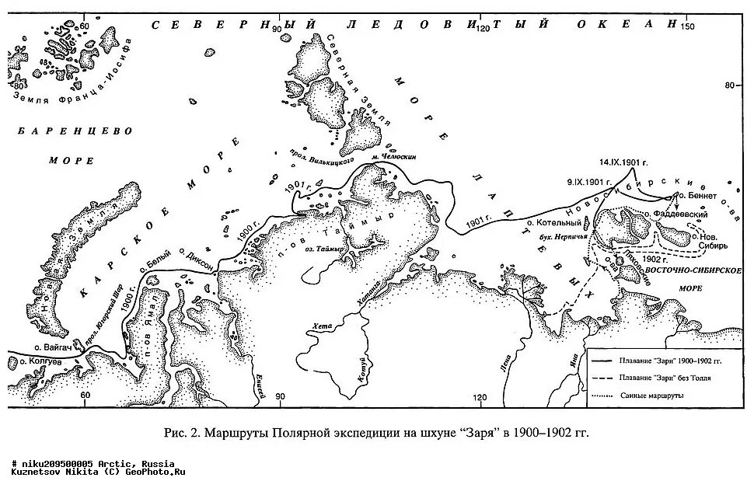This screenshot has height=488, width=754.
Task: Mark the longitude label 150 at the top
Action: (x=686, y=27)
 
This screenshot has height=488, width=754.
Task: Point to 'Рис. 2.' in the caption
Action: (x=185, y=433)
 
